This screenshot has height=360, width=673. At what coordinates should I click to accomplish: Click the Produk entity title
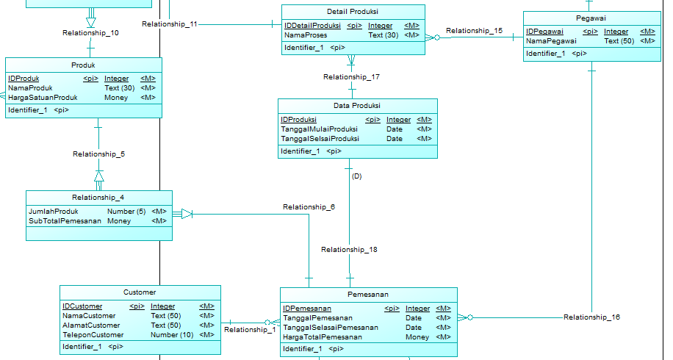84,65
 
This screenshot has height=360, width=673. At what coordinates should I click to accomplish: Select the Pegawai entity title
591,18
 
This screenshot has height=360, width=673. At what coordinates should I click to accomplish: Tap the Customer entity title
140,292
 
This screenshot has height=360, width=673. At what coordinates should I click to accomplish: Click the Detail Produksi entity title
353,12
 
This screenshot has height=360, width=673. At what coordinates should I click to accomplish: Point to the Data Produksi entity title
357,106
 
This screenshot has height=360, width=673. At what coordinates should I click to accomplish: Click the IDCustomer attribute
82,306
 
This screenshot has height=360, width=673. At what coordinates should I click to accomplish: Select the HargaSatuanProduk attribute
43,98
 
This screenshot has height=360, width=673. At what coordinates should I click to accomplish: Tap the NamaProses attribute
306,35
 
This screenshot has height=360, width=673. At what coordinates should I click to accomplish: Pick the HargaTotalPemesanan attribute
323,337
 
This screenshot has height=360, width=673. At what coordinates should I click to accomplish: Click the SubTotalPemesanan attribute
65,220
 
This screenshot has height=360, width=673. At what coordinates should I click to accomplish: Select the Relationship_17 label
351,77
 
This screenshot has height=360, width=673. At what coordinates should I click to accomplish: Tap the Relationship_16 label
591,317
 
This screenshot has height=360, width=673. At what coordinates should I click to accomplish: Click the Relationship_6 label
309,207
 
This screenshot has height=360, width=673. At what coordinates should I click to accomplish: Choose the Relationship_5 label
98,154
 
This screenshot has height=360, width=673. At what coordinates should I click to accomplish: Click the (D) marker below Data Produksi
356,176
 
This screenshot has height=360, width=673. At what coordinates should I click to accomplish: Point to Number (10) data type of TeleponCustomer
172,335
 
